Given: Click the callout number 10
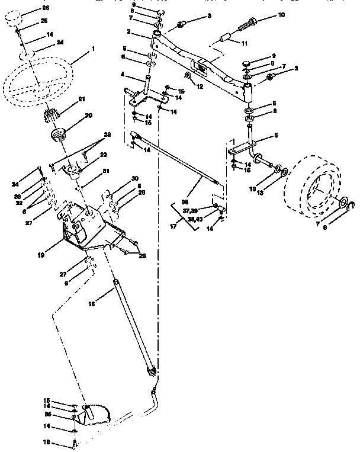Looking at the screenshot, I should [281, 14].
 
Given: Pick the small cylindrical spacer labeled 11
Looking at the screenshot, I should [224, 40].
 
